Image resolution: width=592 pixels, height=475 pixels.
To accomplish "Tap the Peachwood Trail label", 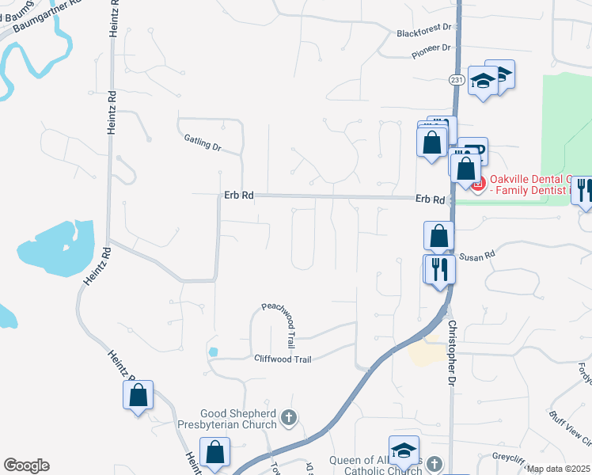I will click(279, 325).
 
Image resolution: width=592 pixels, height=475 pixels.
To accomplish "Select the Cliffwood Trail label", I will click(283, 359).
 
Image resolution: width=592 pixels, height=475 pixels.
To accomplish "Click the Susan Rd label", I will click(477, 255).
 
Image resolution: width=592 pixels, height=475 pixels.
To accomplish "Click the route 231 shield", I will click(456, 80).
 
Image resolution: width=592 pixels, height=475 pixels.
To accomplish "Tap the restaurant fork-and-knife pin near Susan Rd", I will click(438, 269).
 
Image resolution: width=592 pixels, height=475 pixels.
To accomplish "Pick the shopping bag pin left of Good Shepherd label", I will click(214, 452).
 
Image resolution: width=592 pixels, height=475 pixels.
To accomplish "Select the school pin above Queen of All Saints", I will click(404, 450).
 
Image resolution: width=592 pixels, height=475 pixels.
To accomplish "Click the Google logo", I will click(26, 465).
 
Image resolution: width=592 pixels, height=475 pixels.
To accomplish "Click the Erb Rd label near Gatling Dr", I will click(237, 196).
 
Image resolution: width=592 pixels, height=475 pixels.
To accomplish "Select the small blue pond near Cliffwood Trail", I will click(212, 351).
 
